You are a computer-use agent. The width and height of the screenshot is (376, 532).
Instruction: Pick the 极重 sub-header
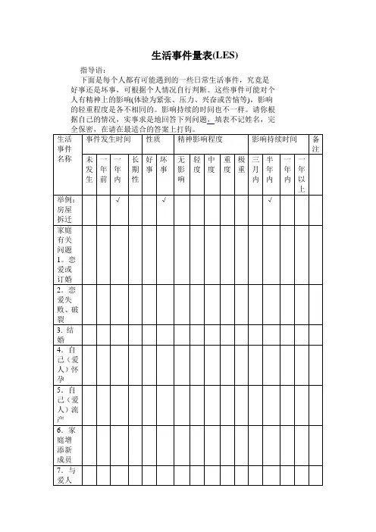[x=241, y=164]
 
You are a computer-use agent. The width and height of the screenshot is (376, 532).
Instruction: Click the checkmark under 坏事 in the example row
[x=164, y=201]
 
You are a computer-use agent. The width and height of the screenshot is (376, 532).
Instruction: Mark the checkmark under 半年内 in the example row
[x=271, y=201]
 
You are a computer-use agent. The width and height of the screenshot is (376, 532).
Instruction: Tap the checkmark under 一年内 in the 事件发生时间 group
[x=118, y=201]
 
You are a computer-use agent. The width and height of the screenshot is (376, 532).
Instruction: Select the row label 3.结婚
[x=65, y=336]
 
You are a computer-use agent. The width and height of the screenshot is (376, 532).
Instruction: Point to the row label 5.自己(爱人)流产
[x=65, y=404]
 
